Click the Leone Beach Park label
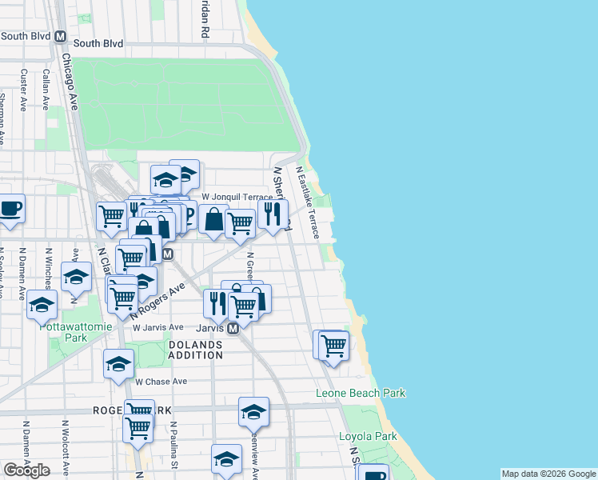click(x=361, y=393)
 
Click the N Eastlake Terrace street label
click(x=308, y=202)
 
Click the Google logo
click(x=26, y=470)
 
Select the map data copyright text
click(x=548, y=474)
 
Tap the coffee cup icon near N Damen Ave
click(x=10, y=209)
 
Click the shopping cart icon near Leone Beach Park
click(x=333, y=346)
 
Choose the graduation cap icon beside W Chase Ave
click(x=118, y=364)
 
